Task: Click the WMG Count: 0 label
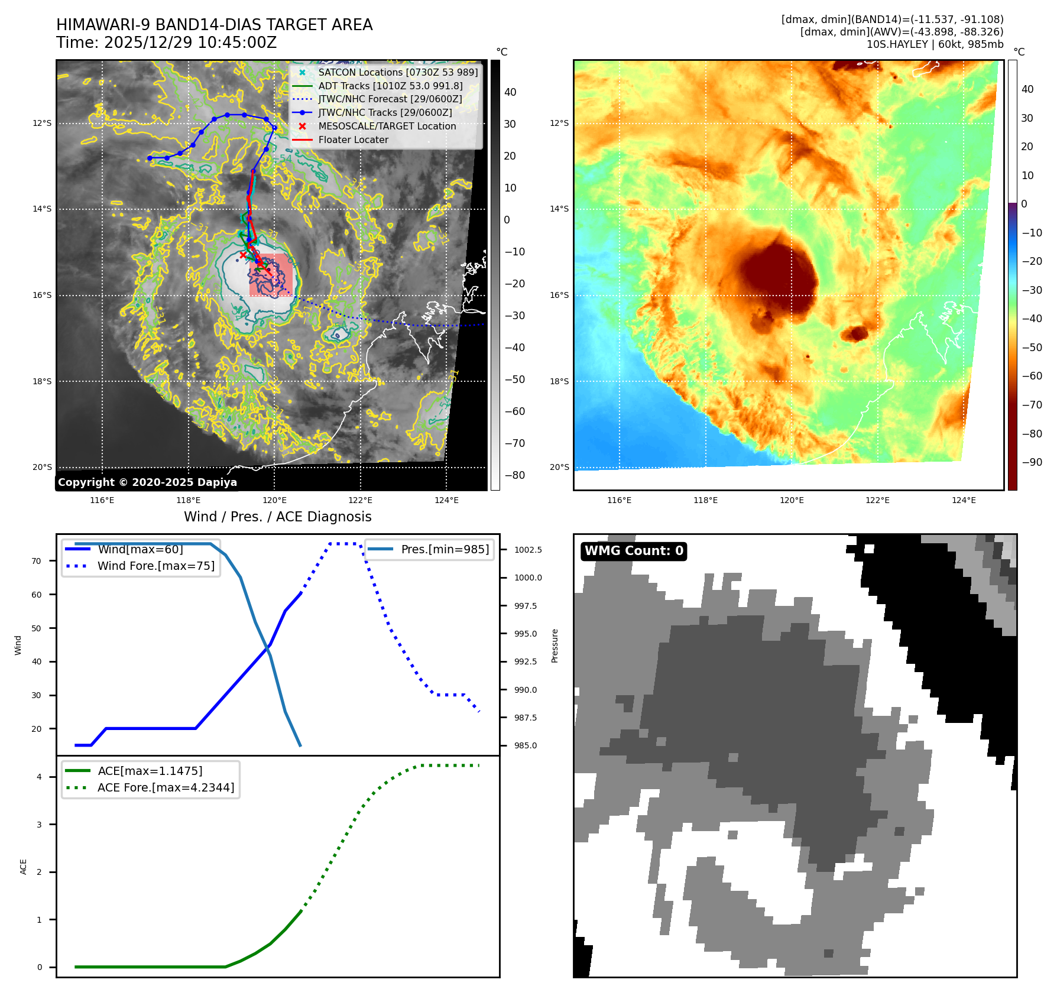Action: tap(634, 551)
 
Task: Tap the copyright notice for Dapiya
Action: tap(147, 482)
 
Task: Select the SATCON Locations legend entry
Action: tap(397, 72)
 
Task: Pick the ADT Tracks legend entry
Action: tap(390, 86)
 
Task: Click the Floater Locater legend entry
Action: tap(353, 140)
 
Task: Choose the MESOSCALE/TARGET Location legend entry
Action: tap(387, 127)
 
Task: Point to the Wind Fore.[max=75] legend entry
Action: tap(155, 566)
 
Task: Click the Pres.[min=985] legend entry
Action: tap(445, 549)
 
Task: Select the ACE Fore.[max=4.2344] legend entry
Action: tap(166, 787)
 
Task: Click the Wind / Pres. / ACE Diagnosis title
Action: tap(278, 517)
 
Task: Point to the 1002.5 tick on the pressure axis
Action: tap(528, 550)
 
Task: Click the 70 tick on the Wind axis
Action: tap(37, 561)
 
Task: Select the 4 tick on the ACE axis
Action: tap(40, 777)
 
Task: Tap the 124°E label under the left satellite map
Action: tap(446, 500)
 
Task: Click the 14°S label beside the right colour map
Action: tap(559, 209)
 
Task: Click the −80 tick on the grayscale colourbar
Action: tap(514, 475)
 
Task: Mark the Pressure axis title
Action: tap(555, 646)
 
